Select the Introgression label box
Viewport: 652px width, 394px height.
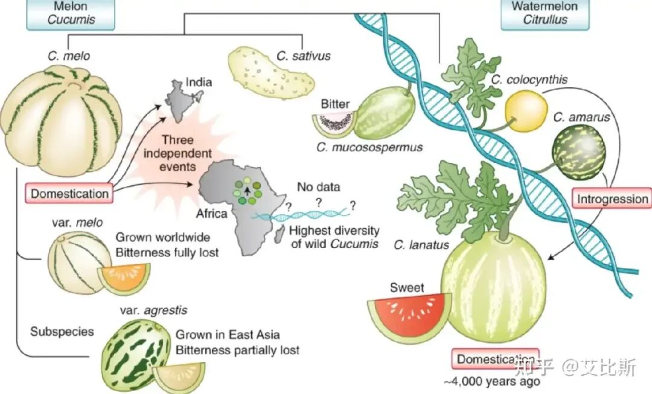612,200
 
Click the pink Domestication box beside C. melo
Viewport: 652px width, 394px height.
69,193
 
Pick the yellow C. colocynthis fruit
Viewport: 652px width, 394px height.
526,111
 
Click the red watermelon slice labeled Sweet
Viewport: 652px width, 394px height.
409,317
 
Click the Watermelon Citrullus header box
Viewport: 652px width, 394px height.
545,14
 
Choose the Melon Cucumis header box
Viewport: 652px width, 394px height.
71,14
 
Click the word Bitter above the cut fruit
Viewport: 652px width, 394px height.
335,104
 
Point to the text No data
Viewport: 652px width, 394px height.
319,187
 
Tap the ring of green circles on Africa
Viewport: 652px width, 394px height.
247,192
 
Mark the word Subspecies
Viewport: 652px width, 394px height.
62,332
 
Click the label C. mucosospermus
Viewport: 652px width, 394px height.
369,148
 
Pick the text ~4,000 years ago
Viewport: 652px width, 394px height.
493,381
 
